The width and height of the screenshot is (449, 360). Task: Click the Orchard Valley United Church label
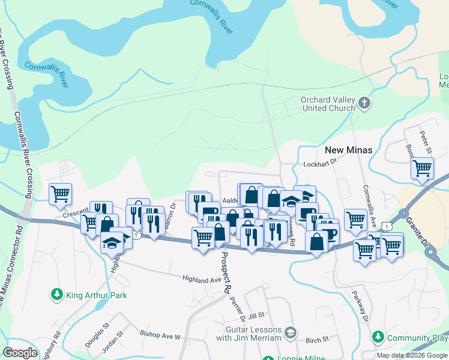(x=329, y=104)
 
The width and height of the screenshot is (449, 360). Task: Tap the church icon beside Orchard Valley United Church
(x=364, y=104)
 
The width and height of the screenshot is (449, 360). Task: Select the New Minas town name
(x=348, y=150)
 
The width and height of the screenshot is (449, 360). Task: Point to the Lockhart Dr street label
(x=322, y=163)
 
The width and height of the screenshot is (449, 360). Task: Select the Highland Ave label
(x=202, y=280)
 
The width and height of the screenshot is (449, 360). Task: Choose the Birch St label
(x=317, y=340)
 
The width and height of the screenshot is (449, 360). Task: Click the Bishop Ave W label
(x=160, y=336)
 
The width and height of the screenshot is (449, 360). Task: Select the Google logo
(x=20, y=353)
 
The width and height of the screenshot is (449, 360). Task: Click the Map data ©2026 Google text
(x=412, y=355)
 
